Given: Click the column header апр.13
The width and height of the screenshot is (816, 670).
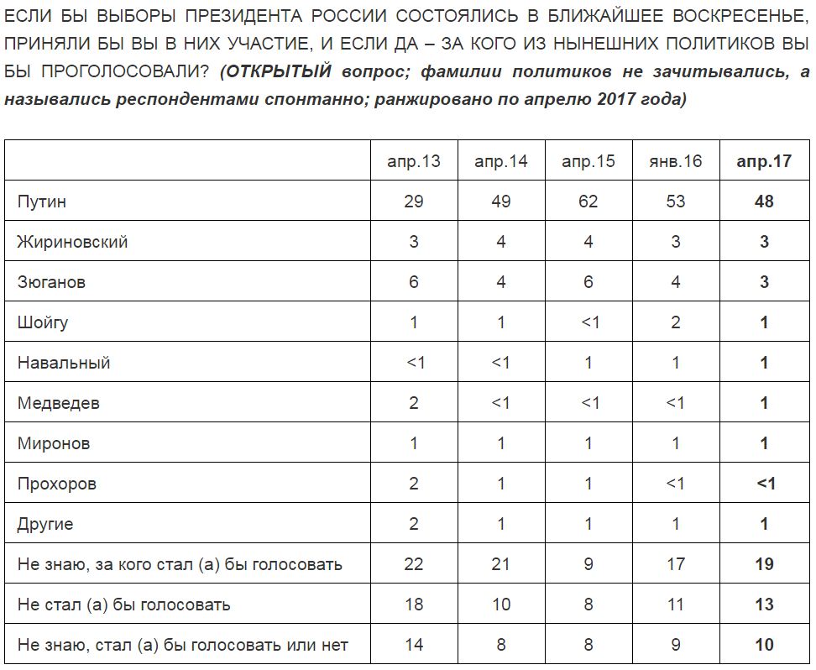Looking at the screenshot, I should click(414, 161).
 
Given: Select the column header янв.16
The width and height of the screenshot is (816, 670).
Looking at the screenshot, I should click(675, 161).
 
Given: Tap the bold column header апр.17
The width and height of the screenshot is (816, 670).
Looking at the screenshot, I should click(763, 161).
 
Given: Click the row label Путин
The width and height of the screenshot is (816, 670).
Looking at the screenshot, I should click(42, 202).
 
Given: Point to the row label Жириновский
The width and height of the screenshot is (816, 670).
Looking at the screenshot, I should click(72, 242).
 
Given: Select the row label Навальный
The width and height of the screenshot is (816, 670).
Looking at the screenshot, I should click(64, 363).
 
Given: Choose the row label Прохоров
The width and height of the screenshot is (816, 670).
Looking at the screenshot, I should click(57, 484).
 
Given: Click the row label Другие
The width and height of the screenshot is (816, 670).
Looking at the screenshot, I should click(45, 524).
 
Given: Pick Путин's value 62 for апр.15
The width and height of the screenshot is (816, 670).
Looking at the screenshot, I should click(588, 202).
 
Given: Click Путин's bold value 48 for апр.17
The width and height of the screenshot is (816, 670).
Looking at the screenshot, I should click(763, 202).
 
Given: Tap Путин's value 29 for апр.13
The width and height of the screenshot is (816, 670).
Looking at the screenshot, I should click(414, 202).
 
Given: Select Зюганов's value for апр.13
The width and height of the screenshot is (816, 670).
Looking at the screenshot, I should click(414, 282).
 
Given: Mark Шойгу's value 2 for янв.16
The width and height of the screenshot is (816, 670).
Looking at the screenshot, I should click(675, 322).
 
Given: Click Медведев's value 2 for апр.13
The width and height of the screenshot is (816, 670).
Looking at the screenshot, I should click(414, 403).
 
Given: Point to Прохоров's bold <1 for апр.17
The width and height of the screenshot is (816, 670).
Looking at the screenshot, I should click(763, 484).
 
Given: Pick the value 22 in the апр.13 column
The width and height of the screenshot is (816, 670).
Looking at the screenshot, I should click(414, 564).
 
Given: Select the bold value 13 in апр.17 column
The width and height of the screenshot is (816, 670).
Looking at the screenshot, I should click(763, 605).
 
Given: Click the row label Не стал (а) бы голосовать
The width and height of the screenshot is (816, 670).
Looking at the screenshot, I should click(123, 605).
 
